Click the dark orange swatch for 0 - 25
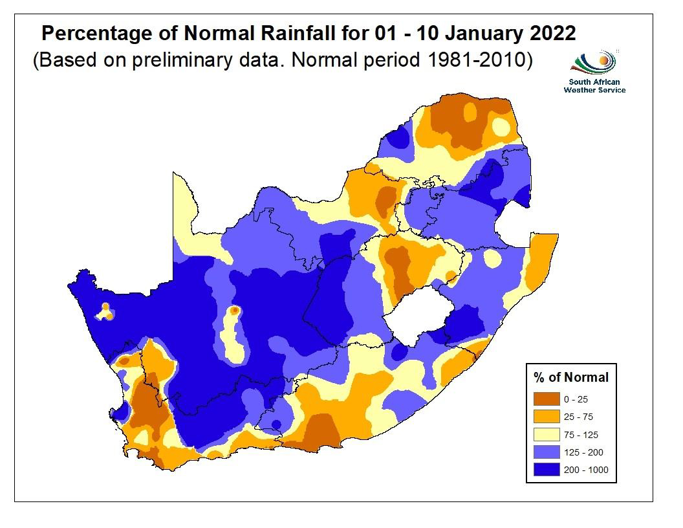coord(547,399)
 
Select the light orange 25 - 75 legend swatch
coord(547,417)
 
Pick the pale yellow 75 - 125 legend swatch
coord(547,434)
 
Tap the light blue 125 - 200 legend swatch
coord(547,452)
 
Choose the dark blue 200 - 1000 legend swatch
coord(547,470)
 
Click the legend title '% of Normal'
coord(571,377)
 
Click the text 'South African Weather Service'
coord(594,85)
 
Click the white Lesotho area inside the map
coord(414,317)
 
